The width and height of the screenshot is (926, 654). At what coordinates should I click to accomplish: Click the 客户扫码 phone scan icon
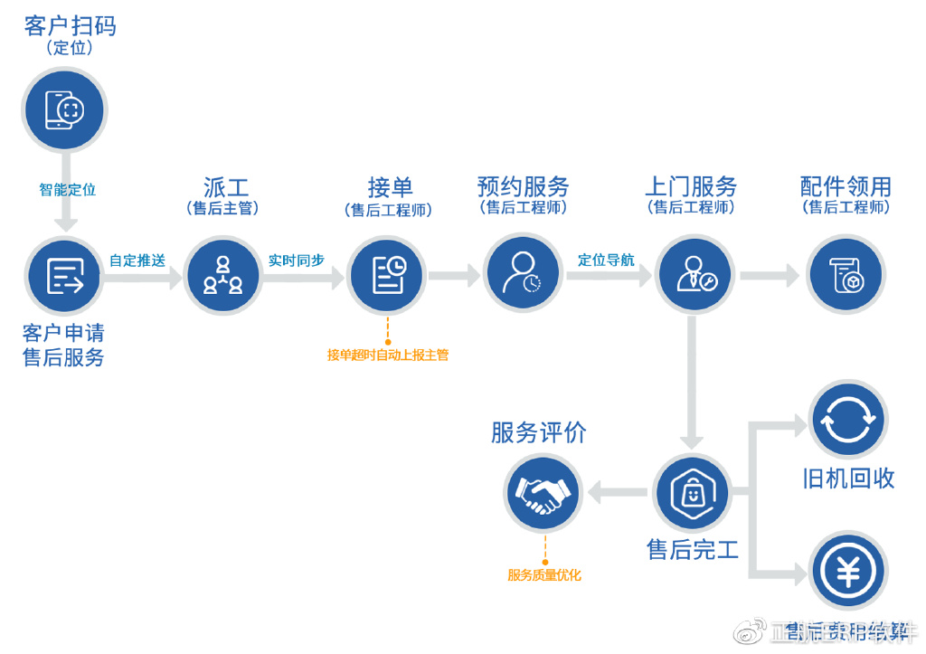pyautogui.click(x=64, y=110)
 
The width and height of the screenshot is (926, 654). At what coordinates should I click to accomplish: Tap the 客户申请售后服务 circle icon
pyautogui.click(x=64, y=276)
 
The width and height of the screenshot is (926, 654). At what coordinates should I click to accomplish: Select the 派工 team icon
pyautogui.click(x=222, y=276)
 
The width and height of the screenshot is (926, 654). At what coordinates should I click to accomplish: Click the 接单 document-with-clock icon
pyautogui.click(x=387, y=276)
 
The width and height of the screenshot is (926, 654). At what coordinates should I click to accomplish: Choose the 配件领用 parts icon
pyautogui.click(x=846, y=276)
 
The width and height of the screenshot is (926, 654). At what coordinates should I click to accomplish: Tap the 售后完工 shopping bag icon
pyautogui.click(x=692, y=494)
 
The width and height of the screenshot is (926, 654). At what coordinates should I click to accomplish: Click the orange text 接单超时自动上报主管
pyautogui.click(x=388, y=355)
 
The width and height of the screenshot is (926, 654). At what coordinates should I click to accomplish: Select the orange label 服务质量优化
pyautogui.click(x=544, y=574)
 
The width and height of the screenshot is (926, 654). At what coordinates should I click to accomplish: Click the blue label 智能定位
pyautogui.click(x=67, y=190)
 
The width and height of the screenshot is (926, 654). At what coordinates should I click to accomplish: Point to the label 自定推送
pyautogui.click(x=137, y=261)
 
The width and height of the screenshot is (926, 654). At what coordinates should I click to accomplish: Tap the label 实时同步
pyautogui.click(x=297, y=261)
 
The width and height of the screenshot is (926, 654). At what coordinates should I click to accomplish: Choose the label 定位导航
pyautogui.click(x=606, y=261)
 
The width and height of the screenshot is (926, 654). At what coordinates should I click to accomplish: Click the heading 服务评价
pyautogui.click(x=539, y=432)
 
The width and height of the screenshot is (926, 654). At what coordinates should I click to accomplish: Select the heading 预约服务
pyautogui.click(x=524, y=187)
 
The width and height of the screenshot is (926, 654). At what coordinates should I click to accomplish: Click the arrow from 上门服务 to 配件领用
pyautogui.click(x=770, y=276)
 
